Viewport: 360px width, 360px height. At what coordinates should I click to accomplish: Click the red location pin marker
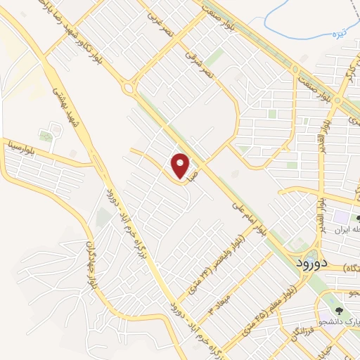[181, 167]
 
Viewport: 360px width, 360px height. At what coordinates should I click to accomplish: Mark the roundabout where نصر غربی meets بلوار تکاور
[128, 88]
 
